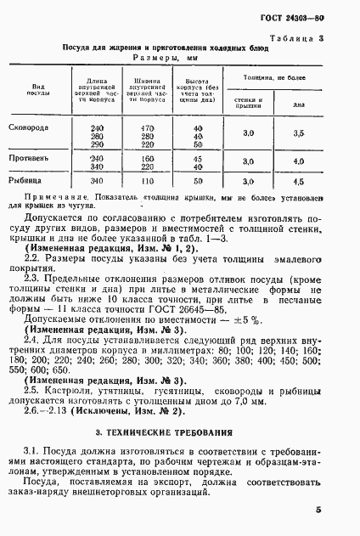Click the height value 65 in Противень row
tap(199, 167)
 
